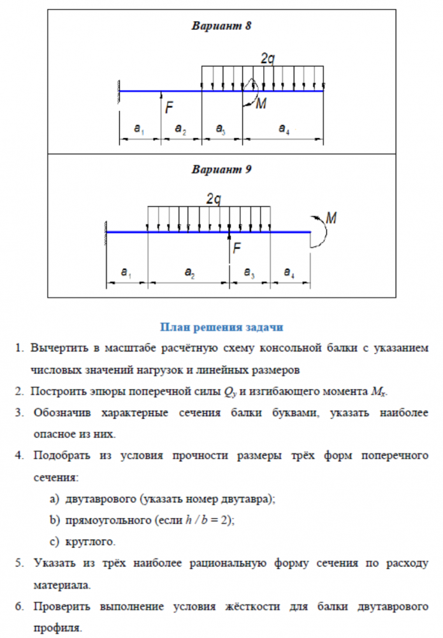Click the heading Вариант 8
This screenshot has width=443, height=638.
(x=222, y=26)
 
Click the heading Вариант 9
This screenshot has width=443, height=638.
(x=222, y=170)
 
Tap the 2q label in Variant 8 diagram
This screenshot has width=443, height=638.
(x=268, y=58)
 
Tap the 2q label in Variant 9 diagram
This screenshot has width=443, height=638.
(x=214, y=199)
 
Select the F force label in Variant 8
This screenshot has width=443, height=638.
(x=169, y=108)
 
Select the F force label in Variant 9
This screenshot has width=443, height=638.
(x=236, y=249)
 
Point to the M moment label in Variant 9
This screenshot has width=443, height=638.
(x=331, y=218)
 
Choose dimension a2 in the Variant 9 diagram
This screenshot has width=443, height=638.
(x=189, y=273)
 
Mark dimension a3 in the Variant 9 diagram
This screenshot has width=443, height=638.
(x=249, y=273)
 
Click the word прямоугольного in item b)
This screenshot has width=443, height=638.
(x=107, y=520)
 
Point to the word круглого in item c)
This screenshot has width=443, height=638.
(x=90, y=542)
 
